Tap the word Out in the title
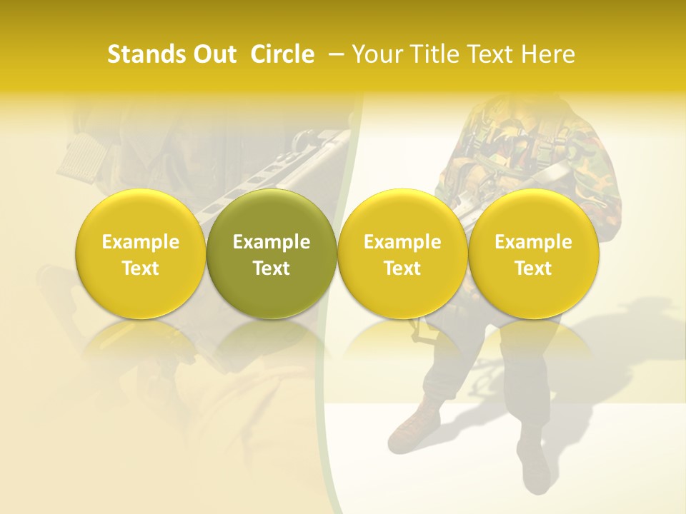214,54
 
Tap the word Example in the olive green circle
272,243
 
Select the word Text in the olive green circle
272,268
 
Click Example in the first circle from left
141,243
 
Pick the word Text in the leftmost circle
141,268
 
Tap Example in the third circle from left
402,243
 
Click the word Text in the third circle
402,268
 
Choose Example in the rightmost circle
533,243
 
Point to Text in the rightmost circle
533,268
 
